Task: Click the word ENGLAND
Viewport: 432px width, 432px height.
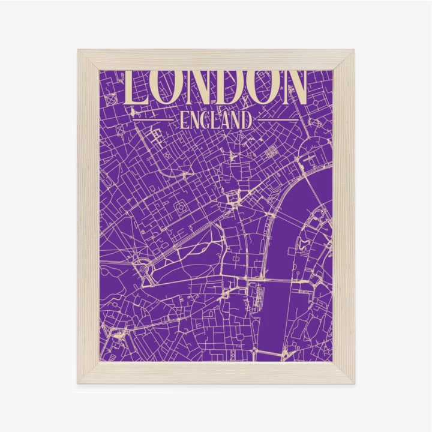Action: point(215,120)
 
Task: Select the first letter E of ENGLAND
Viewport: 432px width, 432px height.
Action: point(183,120)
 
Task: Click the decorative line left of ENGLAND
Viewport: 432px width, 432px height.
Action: point(154,120)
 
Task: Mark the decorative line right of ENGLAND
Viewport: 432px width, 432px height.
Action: point(276,120)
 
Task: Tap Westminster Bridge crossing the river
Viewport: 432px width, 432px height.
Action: point(278,280)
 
